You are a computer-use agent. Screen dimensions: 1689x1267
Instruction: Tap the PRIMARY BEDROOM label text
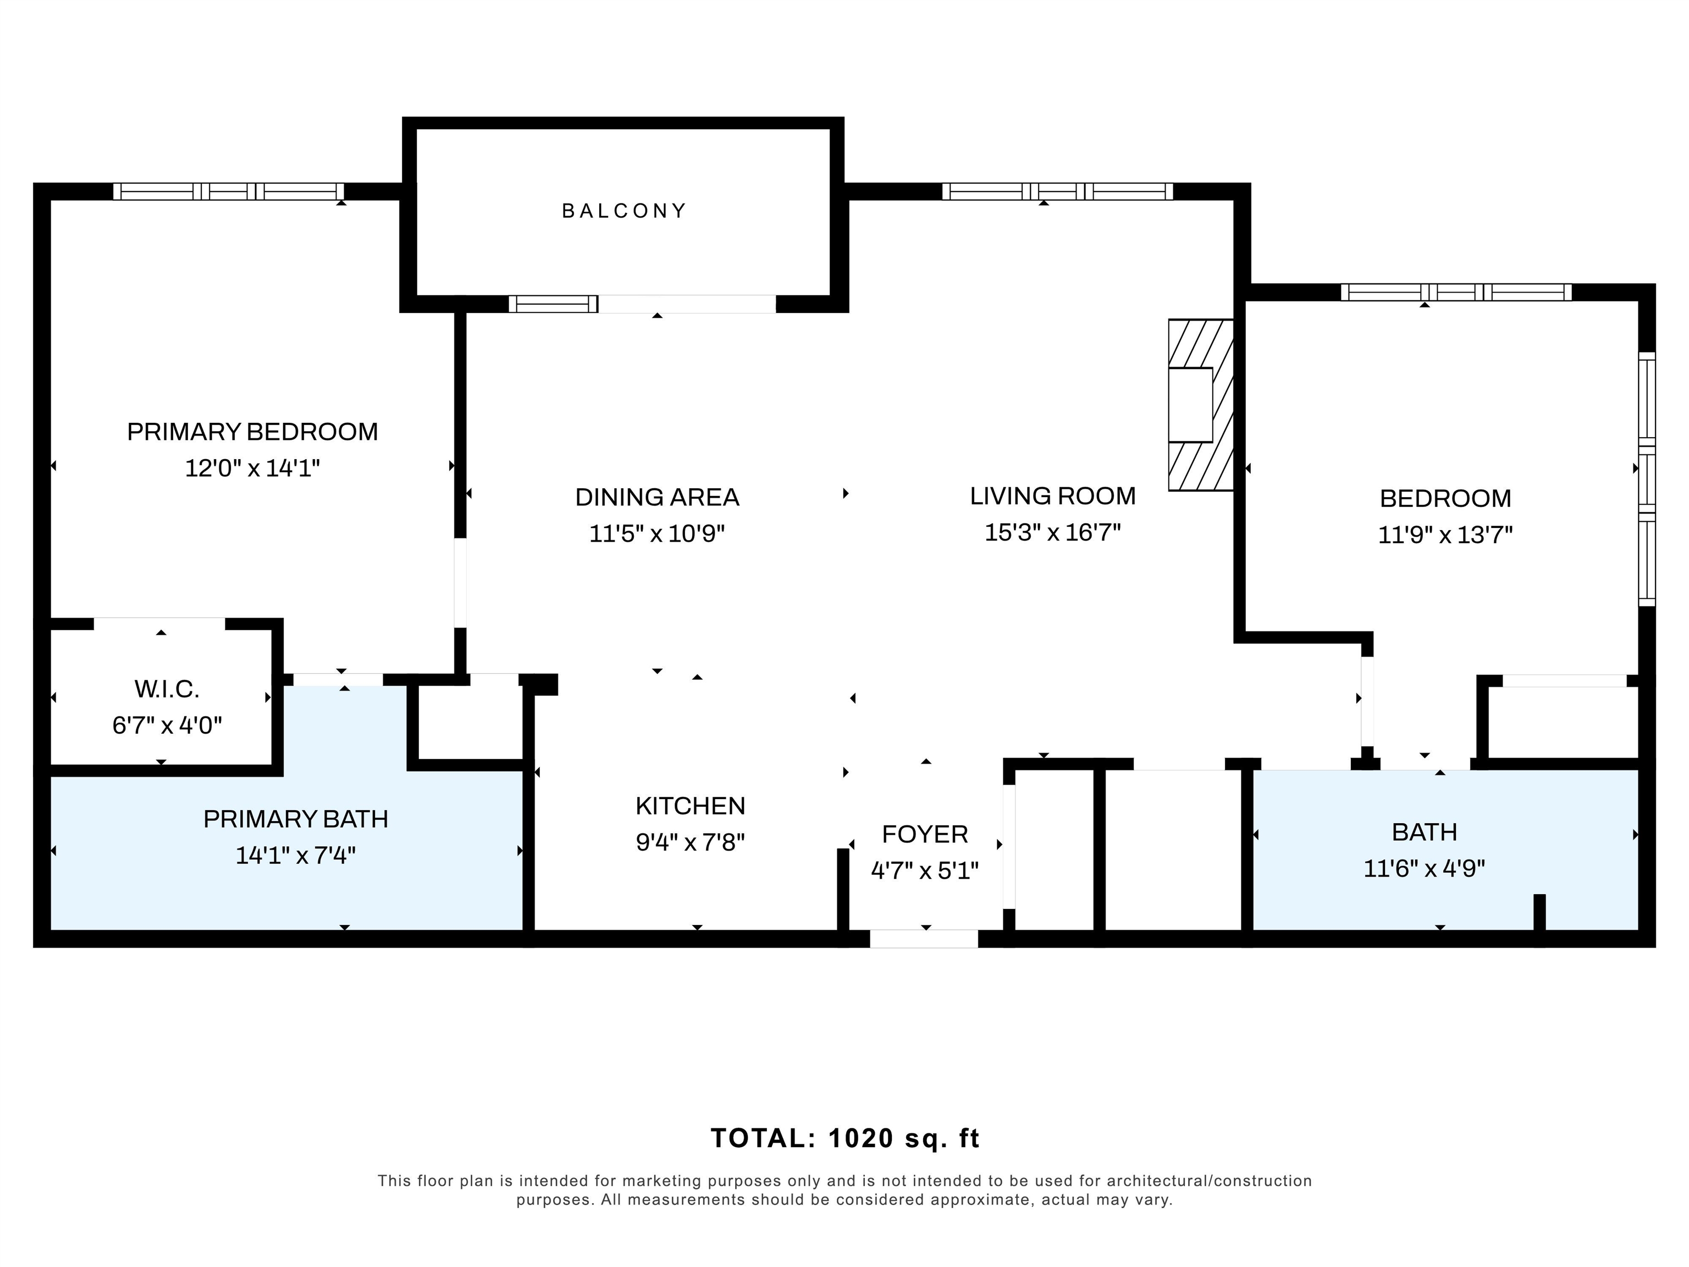pos(252,432)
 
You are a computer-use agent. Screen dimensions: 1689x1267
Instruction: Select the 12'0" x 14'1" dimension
pos(252,468)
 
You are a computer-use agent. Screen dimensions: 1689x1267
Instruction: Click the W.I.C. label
pos(167,690)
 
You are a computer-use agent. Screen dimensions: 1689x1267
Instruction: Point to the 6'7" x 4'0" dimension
pos(167,725)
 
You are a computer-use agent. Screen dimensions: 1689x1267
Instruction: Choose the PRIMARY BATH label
pos(295,819)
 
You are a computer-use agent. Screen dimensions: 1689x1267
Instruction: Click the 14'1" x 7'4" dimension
pos(295,855)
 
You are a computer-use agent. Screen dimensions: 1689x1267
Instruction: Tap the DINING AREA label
pos(656,498)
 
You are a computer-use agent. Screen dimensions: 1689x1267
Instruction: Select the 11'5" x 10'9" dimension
pos(656,533)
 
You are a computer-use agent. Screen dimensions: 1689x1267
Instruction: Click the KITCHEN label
pos(690,807)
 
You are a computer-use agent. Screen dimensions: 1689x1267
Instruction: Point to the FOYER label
pos(925,835)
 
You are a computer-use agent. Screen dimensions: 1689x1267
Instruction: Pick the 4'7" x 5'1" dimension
pos(925,871)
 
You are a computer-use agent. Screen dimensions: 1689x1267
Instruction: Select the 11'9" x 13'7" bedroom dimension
pos(1445,535)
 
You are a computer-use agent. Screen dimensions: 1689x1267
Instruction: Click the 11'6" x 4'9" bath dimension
pos(1424,868)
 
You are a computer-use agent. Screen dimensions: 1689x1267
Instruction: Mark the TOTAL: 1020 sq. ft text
pos(845,1139)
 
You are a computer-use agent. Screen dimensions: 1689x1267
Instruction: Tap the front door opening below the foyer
pos(924,939)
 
